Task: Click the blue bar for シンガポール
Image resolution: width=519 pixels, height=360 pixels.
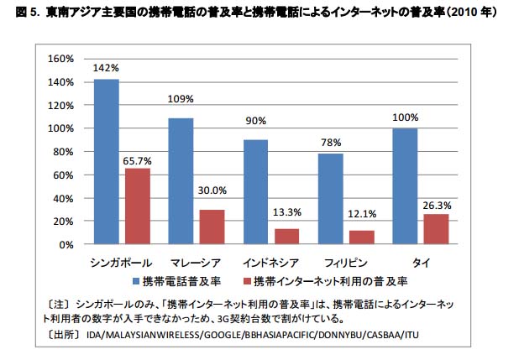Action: pyautogui.click(x=106, y=162)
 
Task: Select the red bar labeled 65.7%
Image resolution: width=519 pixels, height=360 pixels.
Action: pyautogui.click(x=138, y=206)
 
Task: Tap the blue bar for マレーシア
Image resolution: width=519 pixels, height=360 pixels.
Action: pyautogui.click(x=181, y=181)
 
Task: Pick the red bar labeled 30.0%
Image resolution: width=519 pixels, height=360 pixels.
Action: pyautogui.click(x=212, y=227)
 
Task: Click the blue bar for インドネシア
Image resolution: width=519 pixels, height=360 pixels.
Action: pyautogui.click(x=256, y=192)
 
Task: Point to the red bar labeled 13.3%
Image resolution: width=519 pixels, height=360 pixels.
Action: pyautogui.click(x=287, y=237)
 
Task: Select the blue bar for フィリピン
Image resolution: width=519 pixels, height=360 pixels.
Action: pyautogui.click(x=331, y=199)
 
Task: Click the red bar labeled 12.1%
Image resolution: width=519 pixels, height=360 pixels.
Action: pyautogui.click(x=362, y=237)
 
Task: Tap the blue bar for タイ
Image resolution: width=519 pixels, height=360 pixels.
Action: pyautogui.click(x=406, y=186)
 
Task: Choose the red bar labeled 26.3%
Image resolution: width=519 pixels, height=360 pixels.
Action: pyautogui.click(x=437, y=229)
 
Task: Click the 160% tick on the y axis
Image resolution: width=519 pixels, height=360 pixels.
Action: pyautogui.click(x=63, y=59)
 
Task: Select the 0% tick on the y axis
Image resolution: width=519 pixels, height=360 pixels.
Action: pyautogui.click(x=68, y=245)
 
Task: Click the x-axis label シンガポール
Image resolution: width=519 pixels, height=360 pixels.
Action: pyautogui.click(x=121, y=263)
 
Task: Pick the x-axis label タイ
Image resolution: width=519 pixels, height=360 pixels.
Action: pyautogui.click(x=421, y=263)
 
